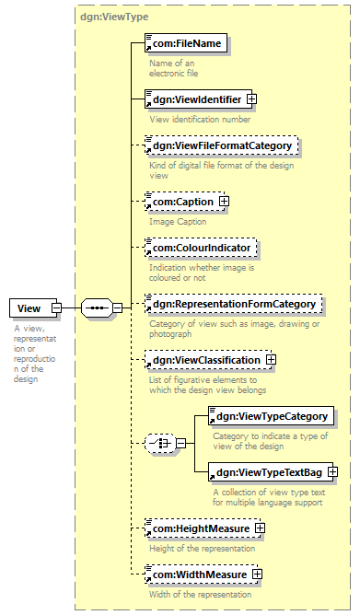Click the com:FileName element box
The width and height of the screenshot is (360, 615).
(x=186, y=43)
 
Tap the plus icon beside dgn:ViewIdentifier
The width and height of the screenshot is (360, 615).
(x=251, y=99)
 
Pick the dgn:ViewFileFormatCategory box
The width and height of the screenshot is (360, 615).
(x=222, y=145)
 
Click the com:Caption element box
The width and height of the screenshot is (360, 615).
(x=184, y=202)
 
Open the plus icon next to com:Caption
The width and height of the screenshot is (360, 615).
(x=224, y=202)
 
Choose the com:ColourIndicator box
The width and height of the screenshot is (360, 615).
(x=201, y=248)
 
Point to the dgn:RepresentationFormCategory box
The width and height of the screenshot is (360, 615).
(x=233, y=304)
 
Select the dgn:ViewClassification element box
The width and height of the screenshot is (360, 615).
(x=208, y=360)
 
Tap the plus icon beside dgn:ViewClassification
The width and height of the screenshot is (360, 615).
(x=271, y=360)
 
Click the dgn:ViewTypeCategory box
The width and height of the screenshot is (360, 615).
(x=271, y=416)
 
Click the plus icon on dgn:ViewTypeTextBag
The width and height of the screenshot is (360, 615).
(x=332, y=472)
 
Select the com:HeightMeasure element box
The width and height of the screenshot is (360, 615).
(x=203, y=528)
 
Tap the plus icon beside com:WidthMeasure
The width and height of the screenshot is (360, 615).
(x=257, y=574)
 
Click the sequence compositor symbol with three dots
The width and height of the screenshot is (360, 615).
(x=97, y=308)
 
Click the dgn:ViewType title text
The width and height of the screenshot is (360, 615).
(x=114, y=17)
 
